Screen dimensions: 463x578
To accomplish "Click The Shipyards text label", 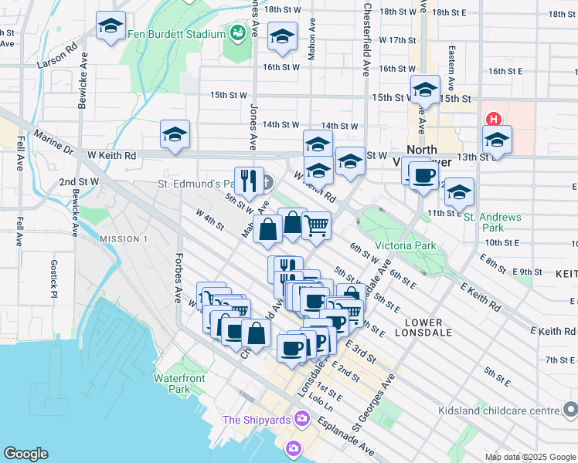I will pos(256,420).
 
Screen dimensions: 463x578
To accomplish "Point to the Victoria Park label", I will pos(405,246).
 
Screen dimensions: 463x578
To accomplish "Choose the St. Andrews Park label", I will pos(492,222).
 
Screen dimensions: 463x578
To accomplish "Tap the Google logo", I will pos(25,453).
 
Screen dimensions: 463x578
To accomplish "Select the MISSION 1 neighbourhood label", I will pos(124,239).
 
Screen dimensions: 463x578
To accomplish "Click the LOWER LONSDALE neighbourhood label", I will pos(418,327).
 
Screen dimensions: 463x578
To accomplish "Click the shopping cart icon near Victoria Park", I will pos(316,225).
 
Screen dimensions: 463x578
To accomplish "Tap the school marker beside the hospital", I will pos(497,140).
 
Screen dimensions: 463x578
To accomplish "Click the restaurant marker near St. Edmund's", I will pos(249,181).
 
